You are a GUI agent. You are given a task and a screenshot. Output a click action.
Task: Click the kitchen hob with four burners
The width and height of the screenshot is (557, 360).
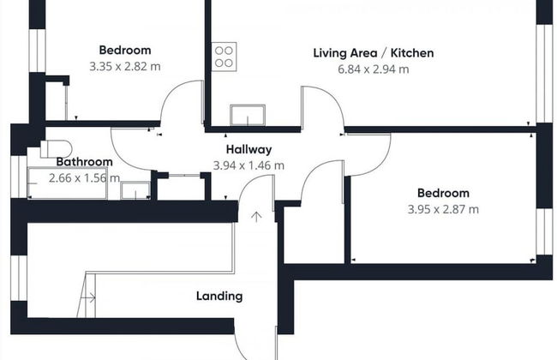[224, 57]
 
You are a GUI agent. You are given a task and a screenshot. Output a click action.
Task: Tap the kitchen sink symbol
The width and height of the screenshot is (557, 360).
[248, 115]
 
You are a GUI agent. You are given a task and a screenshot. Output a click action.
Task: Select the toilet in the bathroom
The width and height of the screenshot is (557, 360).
[56, 149]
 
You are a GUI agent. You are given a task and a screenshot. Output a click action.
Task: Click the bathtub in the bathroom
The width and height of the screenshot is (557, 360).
[68, 183]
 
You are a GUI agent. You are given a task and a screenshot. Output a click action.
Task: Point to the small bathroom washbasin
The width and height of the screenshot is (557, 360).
[135, 190]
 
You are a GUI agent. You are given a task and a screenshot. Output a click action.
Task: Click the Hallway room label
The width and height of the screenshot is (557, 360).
[249, 149]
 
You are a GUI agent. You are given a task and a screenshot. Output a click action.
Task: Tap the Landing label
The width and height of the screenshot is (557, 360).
[219, 296]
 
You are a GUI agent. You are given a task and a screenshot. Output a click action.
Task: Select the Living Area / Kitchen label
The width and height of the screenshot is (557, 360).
[374, 53]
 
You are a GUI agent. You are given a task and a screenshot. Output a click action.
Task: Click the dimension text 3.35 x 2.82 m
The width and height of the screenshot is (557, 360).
[125, 67]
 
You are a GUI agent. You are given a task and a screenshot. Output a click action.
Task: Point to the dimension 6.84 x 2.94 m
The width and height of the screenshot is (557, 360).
[374, 69]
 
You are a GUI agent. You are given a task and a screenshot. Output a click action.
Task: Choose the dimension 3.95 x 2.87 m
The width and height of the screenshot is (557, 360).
[443, 209]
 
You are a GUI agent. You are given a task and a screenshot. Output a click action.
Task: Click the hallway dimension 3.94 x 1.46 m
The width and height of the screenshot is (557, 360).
[249, 165]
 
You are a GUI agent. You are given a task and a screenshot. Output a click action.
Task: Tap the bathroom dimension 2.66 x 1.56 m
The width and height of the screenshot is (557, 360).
[84, 178]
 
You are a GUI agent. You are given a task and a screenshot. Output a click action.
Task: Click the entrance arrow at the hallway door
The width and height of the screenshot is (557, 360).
[256, 217]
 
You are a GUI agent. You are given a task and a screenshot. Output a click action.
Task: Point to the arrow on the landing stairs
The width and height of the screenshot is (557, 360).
[88, 297]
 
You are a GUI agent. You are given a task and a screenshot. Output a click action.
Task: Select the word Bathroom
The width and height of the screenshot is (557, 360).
[85, 162]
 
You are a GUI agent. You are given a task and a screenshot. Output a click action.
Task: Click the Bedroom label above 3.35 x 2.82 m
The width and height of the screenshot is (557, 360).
[125, 50]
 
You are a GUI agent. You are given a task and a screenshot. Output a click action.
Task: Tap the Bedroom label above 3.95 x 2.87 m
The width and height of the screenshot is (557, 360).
[443, 193]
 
